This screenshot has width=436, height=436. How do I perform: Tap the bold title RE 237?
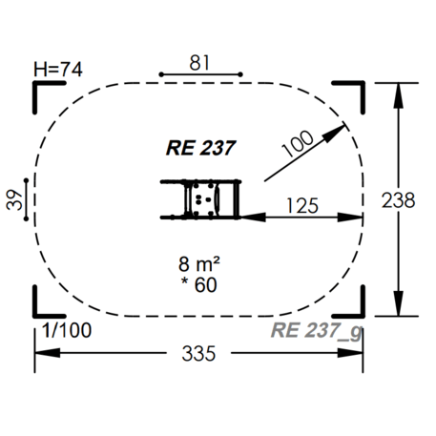coord(199,147)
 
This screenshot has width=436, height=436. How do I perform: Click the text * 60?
coord(200,286)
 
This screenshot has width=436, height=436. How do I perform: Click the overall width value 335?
coord(200,353)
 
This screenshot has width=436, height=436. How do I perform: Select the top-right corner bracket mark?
coord(356,91)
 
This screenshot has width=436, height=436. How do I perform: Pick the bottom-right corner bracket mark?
coord(356,305)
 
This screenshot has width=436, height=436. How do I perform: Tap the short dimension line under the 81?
coord(201,73)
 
